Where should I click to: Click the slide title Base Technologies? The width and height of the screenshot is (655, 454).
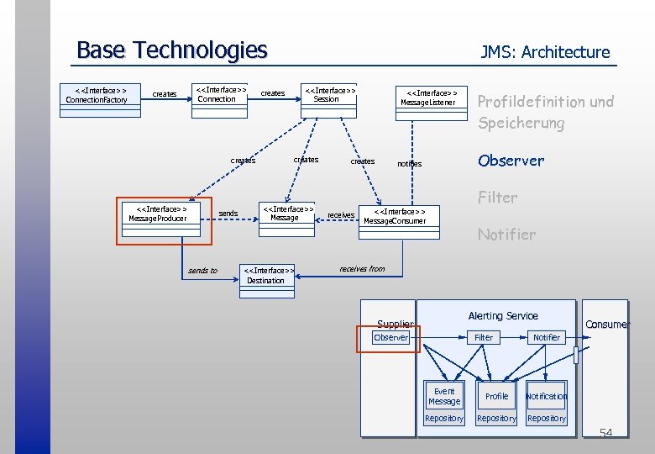171,50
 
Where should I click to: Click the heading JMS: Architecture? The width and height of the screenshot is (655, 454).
545,52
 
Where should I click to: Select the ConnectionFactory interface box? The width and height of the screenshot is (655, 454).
97,95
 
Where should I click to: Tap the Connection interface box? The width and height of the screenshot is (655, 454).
217,94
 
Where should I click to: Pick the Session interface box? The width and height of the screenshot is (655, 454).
327,94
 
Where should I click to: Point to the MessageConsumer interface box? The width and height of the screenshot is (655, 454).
395,216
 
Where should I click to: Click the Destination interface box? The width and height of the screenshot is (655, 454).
266,276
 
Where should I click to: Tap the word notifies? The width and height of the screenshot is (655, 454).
409,164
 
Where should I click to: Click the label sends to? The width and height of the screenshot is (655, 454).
202,271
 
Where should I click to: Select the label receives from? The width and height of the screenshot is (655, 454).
362,269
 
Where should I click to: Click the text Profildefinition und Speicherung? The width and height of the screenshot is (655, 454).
545,112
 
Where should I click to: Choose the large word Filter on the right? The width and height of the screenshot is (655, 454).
497,198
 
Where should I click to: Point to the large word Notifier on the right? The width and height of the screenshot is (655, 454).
506,235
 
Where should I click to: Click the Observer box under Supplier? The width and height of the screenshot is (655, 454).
390,337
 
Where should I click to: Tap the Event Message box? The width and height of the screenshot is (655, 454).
444,396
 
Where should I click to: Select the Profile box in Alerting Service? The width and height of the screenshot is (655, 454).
496,396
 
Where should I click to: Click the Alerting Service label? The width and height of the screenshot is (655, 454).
502,315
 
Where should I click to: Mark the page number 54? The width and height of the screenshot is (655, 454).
605,433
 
